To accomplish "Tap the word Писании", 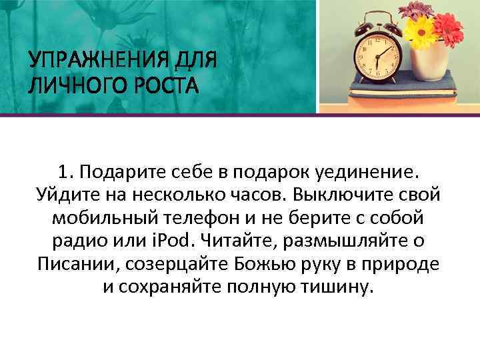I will coord(74,263).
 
